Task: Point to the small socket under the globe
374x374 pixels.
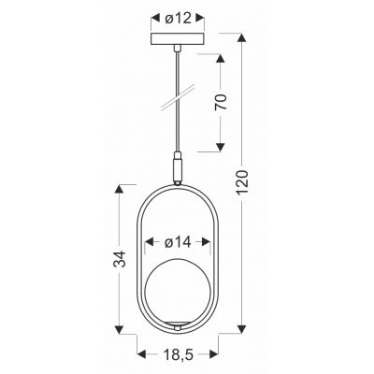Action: pyautogui.click(x=175, y=326)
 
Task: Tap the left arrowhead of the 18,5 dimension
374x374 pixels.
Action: pyautogui.click(x=142, y=356)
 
